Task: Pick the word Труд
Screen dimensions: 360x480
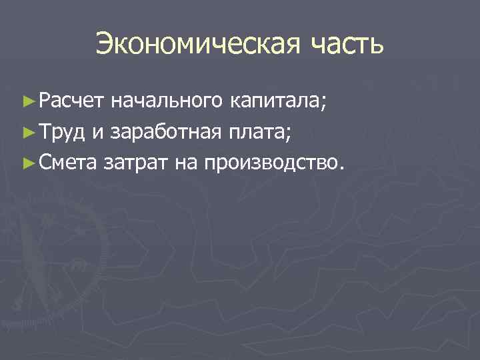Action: click(62, 131)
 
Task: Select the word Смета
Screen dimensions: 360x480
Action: click(67, 160)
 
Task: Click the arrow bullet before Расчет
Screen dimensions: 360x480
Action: click(27, 102)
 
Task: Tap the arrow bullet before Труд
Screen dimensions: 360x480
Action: click(27, 131)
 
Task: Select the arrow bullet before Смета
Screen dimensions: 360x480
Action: click(27, 161)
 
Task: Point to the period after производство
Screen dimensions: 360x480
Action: click(343, 166)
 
